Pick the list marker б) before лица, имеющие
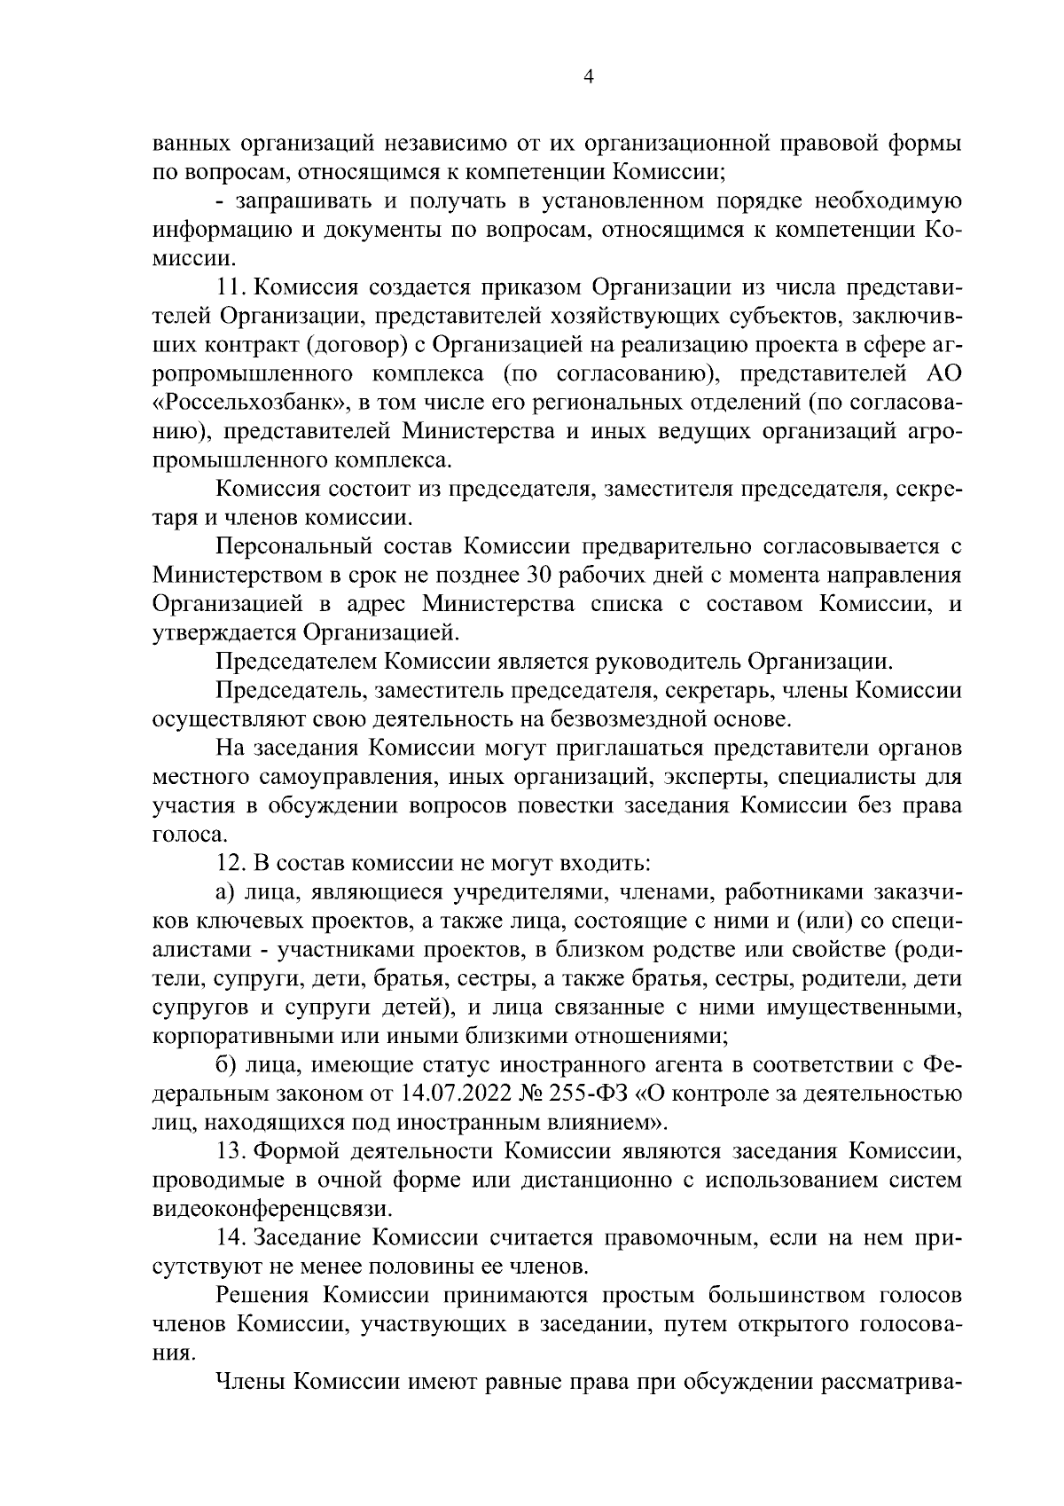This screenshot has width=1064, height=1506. point(225,1064)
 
